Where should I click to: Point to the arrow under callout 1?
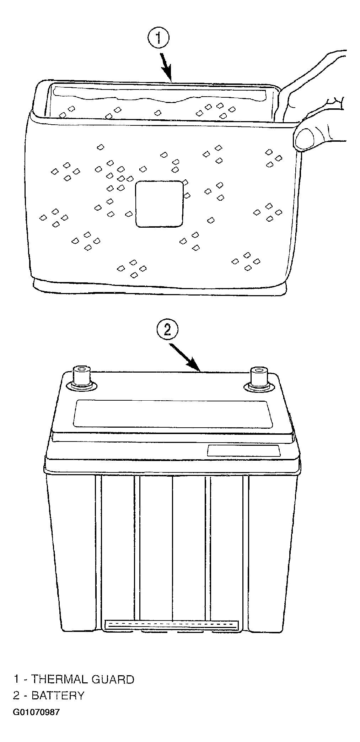tap(166, 67)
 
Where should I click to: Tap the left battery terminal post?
tap(82, 377)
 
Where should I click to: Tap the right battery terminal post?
tap(260, 379)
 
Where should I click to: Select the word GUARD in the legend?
tap(113, 679)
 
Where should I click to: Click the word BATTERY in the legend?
tap(58, 695)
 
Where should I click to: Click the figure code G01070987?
tap(37, 712)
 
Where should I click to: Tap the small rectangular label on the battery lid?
tap(244, 450)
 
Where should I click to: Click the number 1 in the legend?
tap(16, 679)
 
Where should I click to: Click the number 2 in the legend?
tap(16, 695)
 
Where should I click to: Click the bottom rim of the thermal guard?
tap(160, 286)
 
